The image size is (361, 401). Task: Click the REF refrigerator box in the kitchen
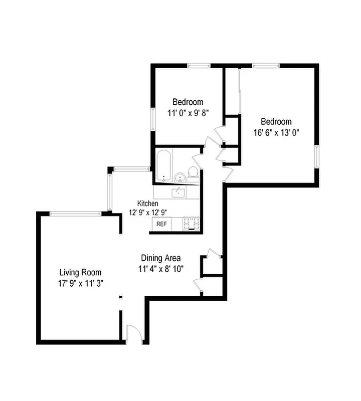pyautogui.click(x=161, y=224)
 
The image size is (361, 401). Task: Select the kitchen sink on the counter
pyautogui.click(x=177, y=192)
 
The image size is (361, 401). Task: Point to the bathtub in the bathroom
pyautogui.click(x=163, y=166)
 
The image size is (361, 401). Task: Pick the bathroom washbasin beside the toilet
pyautogui.click(x=179, y=177)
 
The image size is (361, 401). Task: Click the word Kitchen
pyautogui.click(x=148, y=204)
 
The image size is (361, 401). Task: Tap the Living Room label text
pyautogui.click(x=80, y=273)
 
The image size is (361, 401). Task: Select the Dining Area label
pyautogui.click(x=160, y=258)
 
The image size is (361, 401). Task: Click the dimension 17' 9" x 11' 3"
pyautogui.click(x=80, y=283)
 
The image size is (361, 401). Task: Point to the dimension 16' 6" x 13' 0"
pyautogui.click(x=276, y=132)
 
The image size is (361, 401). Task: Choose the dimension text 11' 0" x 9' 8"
pyautogui.click(x=188, y=112)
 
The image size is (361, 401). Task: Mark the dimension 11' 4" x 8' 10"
pyautogui.click(x=161, y=268)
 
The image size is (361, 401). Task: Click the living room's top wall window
pyautogui.click(x=76, y=214)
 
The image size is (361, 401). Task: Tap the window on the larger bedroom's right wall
pyautogui.click(x=316, y=156)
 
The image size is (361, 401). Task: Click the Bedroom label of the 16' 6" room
pyautogui.click(x=276, y=122)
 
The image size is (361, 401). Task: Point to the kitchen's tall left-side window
pyautogui.click(x=110, y=191)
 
